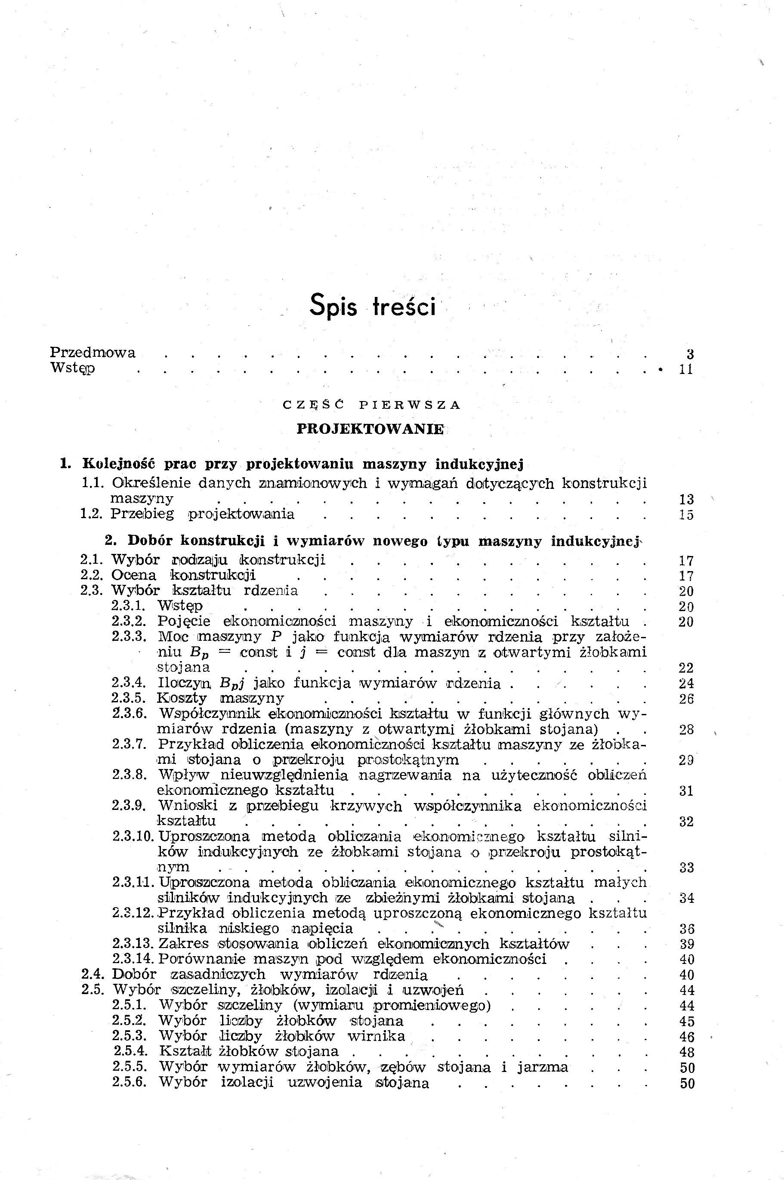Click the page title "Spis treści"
[373, 306]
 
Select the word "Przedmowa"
[93, 352]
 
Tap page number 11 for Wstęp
[686, 370]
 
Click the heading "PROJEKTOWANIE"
[370, 429]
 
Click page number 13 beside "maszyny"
[686, 499]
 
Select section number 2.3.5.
[129, 698]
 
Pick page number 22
[686, 668]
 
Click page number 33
[686, 868]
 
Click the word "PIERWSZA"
[410, 405]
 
